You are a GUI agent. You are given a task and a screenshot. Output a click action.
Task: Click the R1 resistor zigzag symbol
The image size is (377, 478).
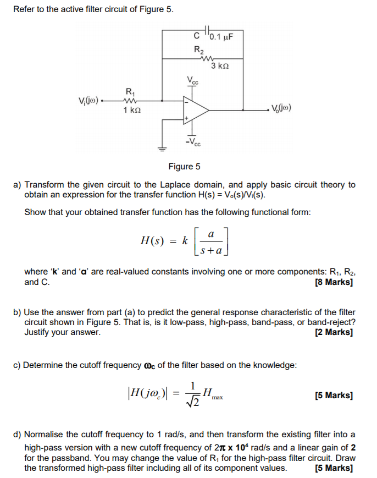tap(130, 101)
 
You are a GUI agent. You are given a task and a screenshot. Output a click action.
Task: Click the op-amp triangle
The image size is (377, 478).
tap(195, 109)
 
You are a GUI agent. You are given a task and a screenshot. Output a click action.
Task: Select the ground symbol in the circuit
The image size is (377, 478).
tap(163, 148)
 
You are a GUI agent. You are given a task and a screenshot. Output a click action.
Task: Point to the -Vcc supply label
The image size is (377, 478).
tap(193, 143)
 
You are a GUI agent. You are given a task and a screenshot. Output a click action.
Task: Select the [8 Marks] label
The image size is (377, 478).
tap(334, 282)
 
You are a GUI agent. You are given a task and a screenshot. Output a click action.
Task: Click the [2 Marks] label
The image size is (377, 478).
tap(334, 332)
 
